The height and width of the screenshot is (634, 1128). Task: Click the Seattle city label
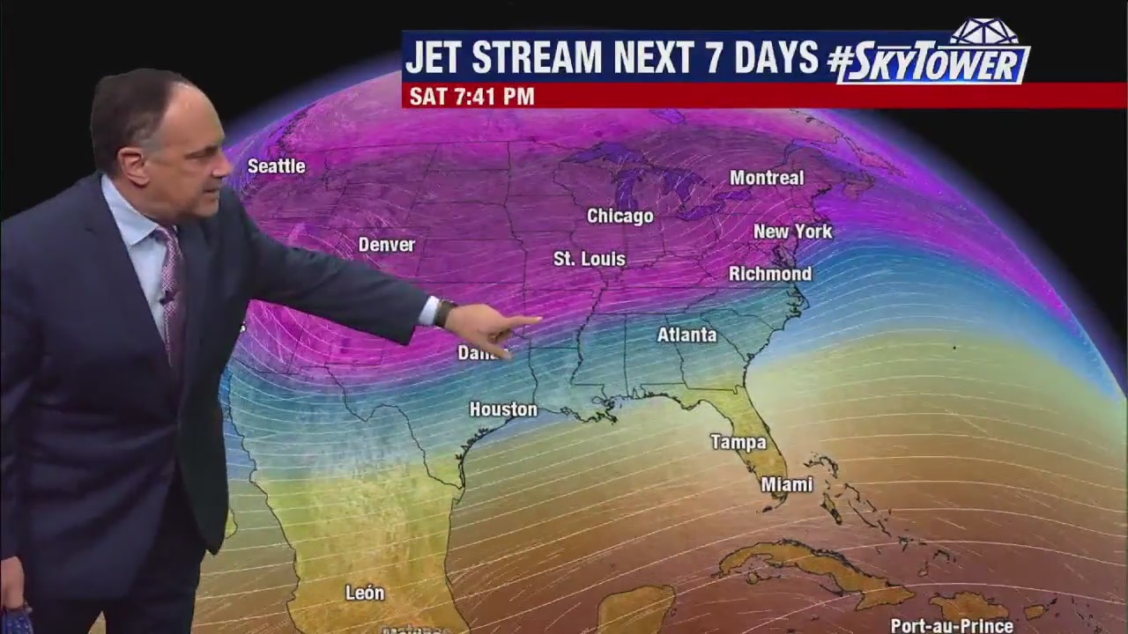[276, 166]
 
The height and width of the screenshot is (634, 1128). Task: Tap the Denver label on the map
[386, 245]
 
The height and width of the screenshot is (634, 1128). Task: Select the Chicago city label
[620, 217]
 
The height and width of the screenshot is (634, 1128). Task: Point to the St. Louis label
[590, 259]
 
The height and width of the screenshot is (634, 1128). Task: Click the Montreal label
[767, 178]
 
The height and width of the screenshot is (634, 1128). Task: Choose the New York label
[793, 232]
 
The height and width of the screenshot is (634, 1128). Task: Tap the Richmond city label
[770, 274]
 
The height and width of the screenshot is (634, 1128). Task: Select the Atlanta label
[687, 335]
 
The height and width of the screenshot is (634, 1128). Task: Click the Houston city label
[503, 409]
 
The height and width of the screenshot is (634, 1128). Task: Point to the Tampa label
[738, 442]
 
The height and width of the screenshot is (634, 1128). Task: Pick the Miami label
[787, 484]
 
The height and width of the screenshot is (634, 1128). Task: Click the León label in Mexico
[365, 593]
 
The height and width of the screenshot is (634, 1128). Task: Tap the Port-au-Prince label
[952, 626]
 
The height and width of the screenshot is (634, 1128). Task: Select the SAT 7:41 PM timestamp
[471, 97]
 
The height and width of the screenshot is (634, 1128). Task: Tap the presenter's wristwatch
[444, 313]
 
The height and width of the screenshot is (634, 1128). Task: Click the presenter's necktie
[171, 282]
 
